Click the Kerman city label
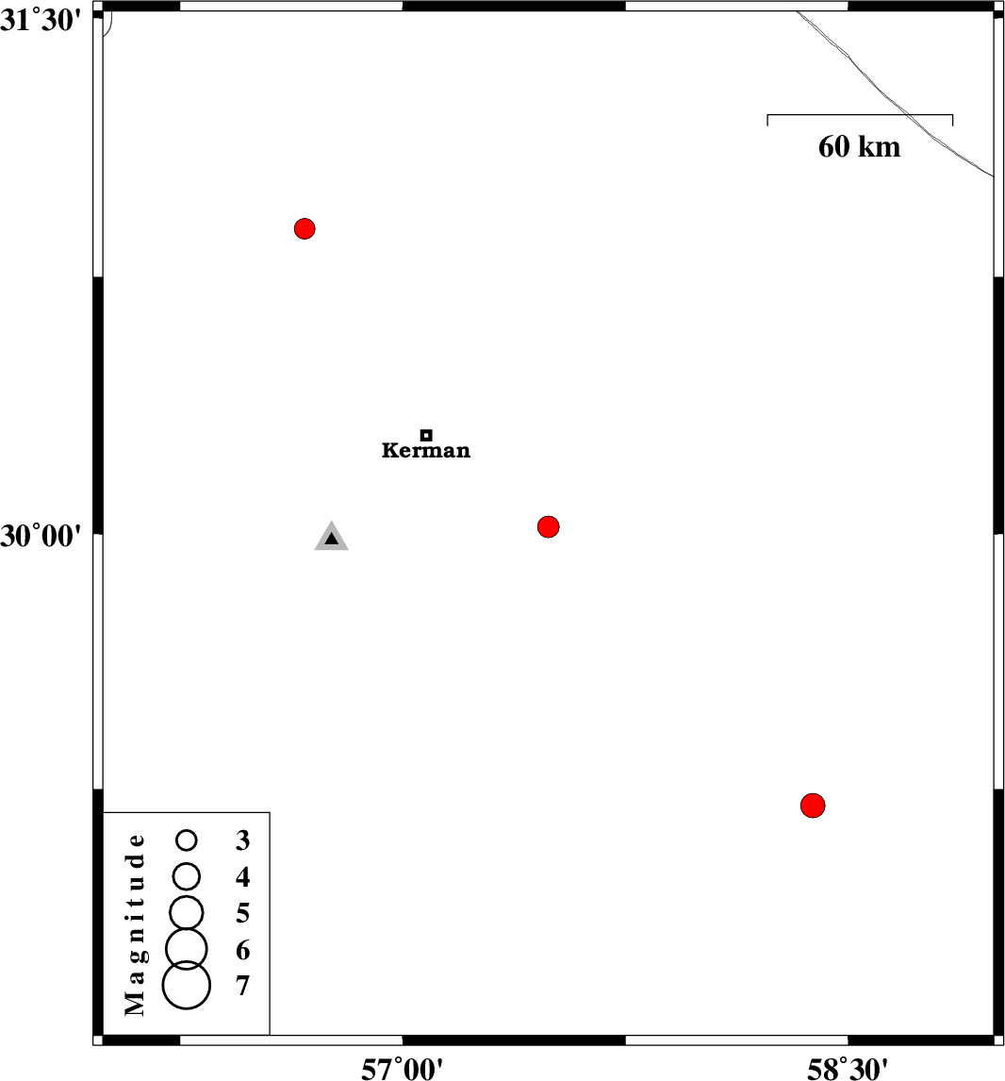coord(426,450)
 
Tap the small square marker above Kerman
coord(426,435)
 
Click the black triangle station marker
coord(331,537)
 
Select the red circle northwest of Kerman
coord(305,228)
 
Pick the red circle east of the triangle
coord(548,526)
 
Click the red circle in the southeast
coord(813,806)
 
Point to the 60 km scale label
coord(859,147)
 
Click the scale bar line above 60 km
coord(860,114)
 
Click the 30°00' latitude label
coord(41,536)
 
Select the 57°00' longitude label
coord(403,1070)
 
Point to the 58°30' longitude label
coord(848,1070)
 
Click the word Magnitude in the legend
coord(135,924)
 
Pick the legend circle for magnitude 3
coord(186,840)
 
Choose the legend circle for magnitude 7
coord(186,985)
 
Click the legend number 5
coord(242,913)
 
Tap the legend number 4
coord(242,877)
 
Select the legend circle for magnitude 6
coord(186,949)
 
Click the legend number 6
coord(242,950)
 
